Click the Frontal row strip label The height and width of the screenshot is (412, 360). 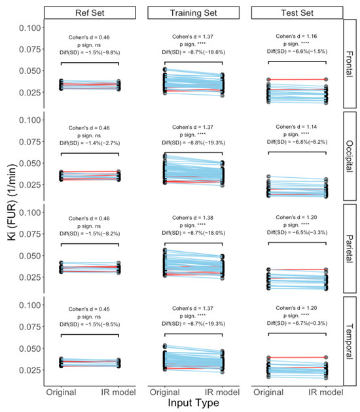pos(353,65)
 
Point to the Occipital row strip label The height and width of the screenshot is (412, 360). pos(353,157)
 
